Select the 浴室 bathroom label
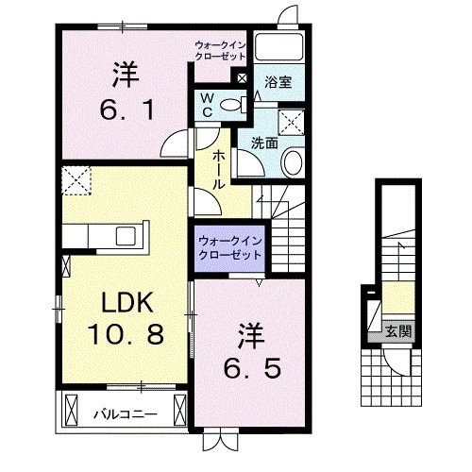click(278, 83)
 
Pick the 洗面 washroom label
click(263, 143)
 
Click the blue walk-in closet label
click(230, 246)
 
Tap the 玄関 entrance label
click(397, 330)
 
